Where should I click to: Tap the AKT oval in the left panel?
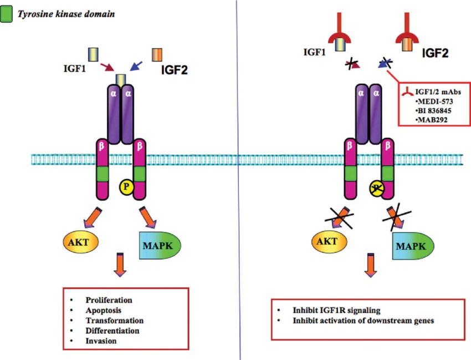(80, 242)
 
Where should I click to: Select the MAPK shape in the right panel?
(413, 246)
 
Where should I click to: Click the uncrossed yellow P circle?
(126, 187)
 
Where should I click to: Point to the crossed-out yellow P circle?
(377, 189)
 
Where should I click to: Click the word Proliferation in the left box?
(109, 300)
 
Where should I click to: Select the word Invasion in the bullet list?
(101, 341)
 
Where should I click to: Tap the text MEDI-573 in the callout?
(435, 102)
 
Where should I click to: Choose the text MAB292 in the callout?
(433, 120)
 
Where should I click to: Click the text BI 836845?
(434, 111)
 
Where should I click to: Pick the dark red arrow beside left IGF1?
(107, 67)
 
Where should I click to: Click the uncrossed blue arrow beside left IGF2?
(136, 66)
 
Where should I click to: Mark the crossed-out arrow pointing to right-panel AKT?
(339, 217)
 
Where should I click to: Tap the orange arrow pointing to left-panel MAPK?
(147, 216)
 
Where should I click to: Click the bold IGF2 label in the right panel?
(435, 53)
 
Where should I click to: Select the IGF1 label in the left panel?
(74, 69)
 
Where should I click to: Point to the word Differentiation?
(112, 331)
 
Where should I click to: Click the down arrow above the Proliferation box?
(120, 265)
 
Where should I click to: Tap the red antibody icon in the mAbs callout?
(408, 92)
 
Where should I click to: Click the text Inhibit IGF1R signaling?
(336, 310)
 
